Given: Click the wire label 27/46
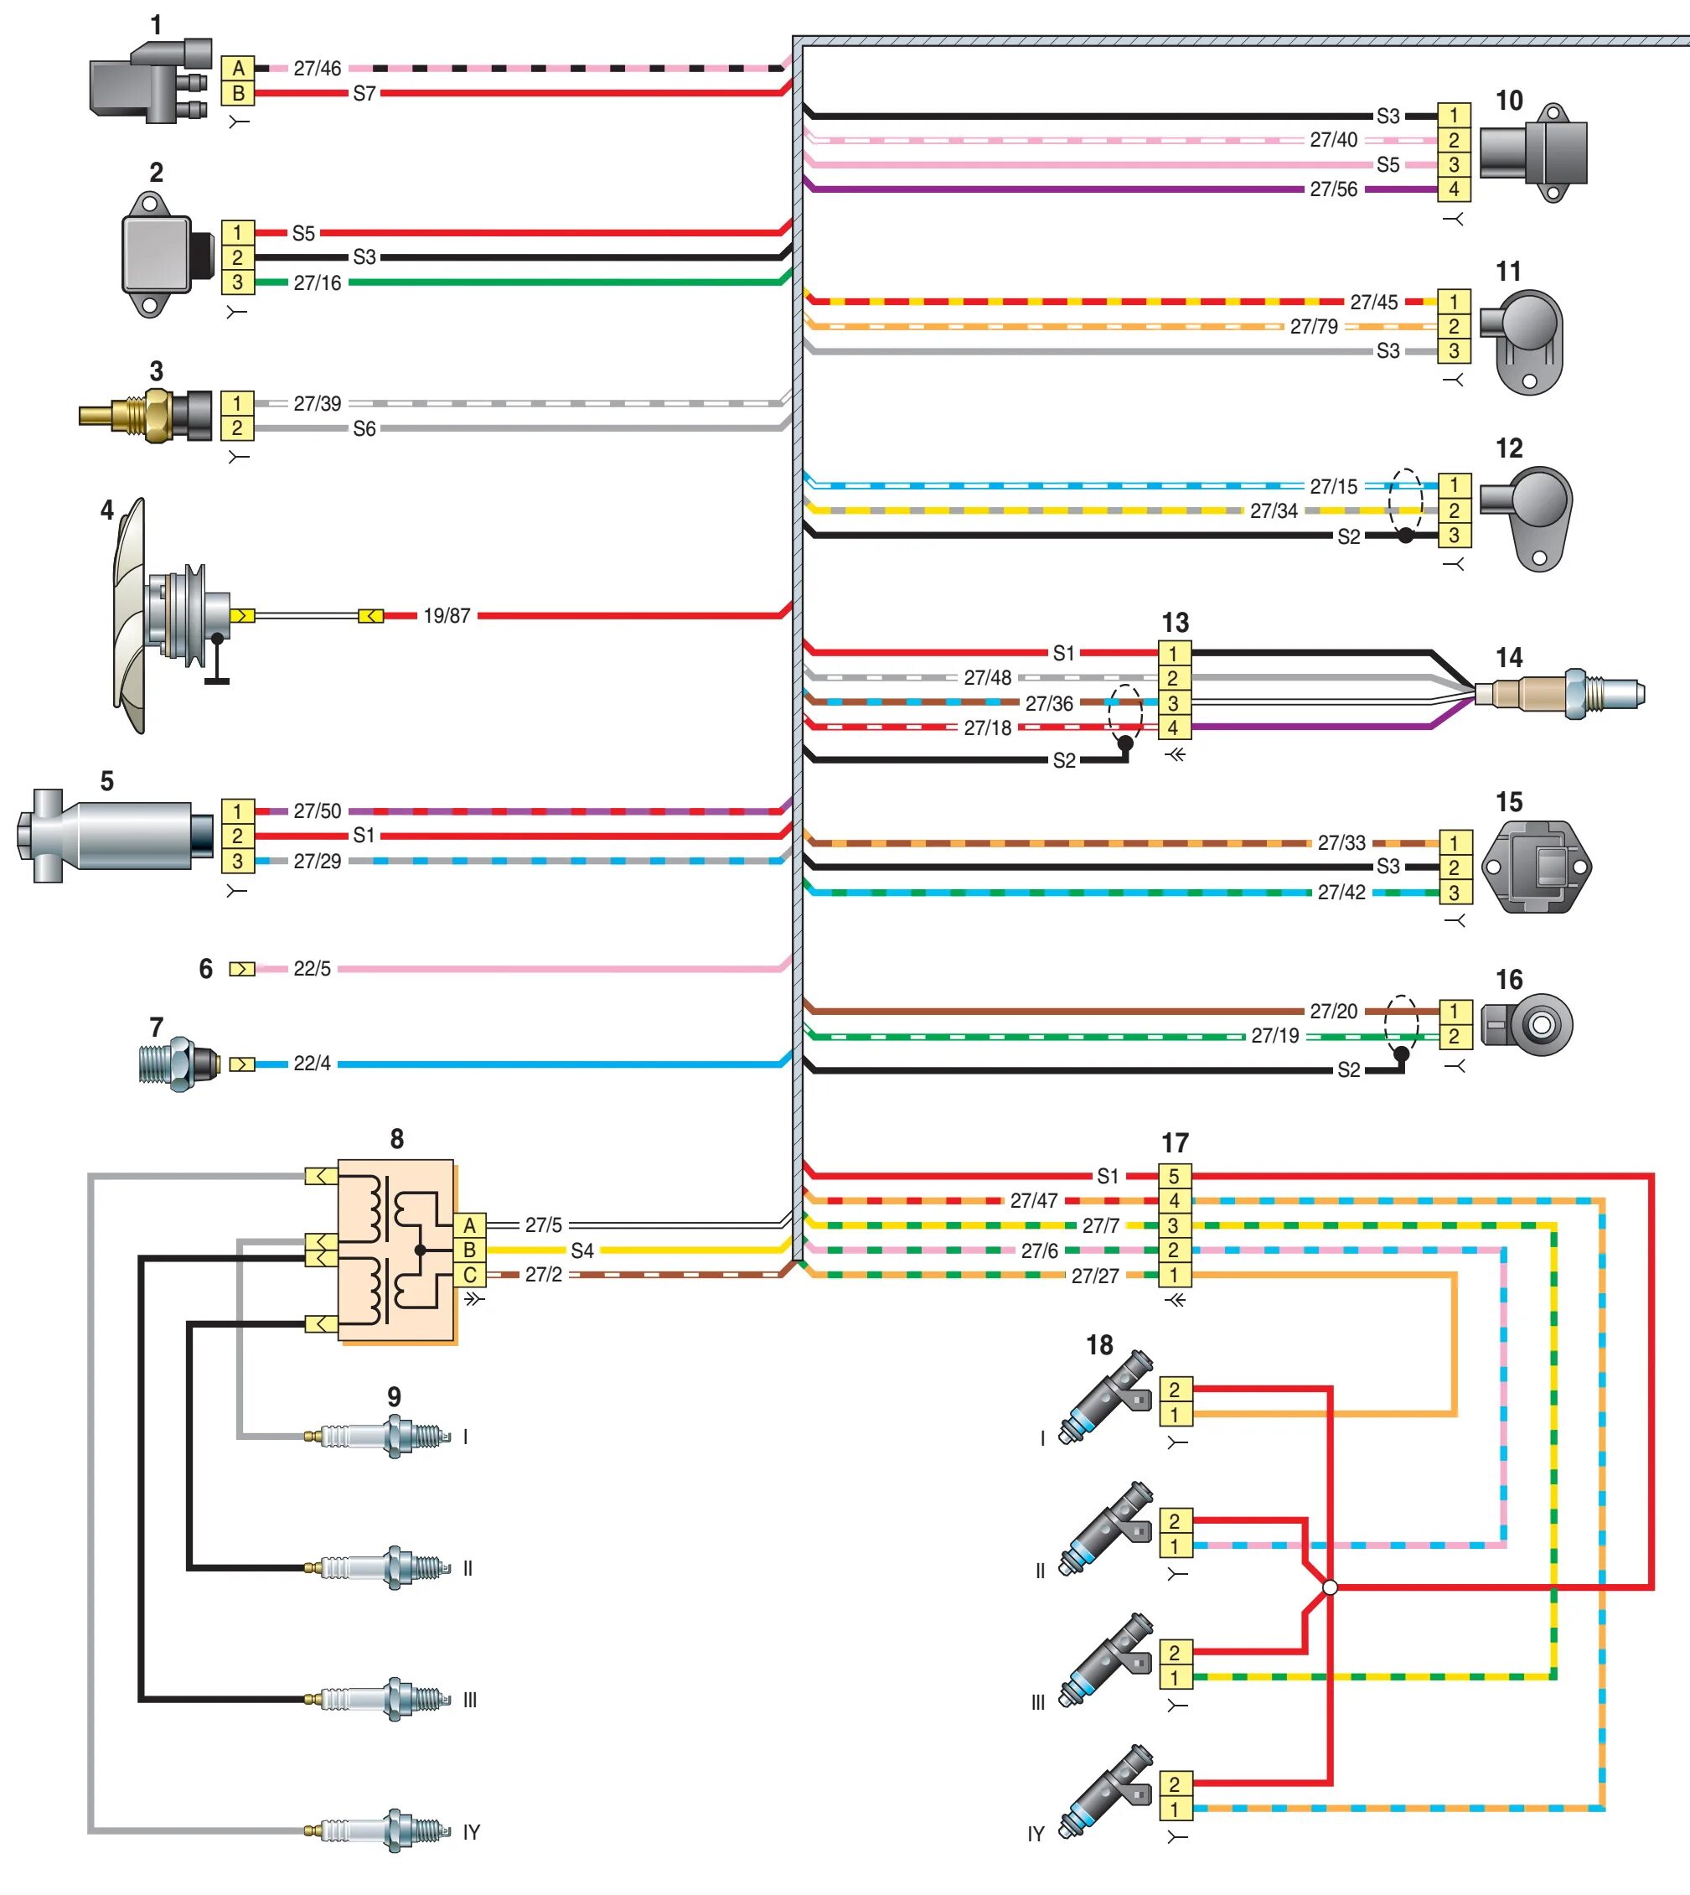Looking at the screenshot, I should click(318, 69).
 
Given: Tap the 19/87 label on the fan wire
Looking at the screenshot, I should click(447, 616).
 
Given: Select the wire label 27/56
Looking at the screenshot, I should click(1333, 189).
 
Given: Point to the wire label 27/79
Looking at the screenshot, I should click(1314, 327).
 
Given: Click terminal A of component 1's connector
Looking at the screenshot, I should click(239, 69).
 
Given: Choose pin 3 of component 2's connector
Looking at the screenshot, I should click(238, 282).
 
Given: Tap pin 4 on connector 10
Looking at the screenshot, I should click(1455, 189).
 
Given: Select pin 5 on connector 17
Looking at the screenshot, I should click(1174, 1176).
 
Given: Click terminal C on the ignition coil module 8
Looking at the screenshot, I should click(470, 1276).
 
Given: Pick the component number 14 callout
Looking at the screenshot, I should click(1509, 658).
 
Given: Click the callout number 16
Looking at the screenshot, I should click(1509, 980).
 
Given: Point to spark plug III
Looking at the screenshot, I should click(385, 1699).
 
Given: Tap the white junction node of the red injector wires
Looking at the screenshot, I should click(1330, 1587).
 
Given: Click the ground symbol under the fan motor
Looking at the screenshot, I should click(217, 680).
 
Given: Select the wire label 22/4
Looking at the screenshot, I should click(312, 1064).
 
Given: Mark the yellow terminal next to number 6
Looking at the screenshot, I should click(242, 969).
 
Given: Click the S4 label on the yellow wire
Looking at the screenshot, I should click(582, 1250).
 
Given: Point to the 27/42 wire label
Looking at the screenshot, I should click(1341, 893).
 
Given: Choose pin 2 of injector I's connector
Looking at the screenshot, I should click(1175, 1390).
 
